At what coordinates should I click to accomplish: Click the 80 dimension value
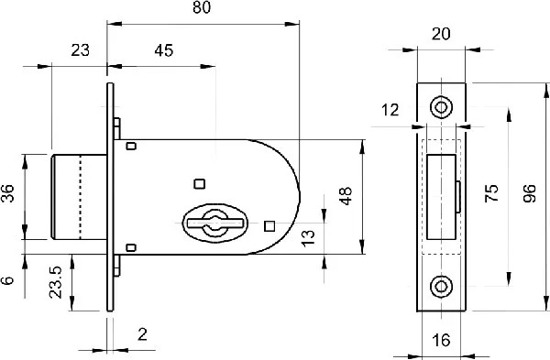tap(202, 7)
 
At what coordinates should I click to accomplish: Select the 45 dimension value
tap(163, 50)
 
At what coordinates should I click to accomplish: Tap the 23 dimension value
tap(81, 50)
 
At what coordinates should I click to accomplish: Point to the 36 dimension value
tap(7, 193)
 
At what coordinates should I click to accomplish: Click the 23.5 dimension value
tap(55, 282)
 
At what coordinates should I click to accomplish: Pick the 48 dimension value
tap(346, 196)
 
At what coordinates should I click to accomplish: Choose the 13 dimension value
tap(308, 239)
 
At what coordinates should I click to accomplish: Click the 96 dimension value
tap(530, 193)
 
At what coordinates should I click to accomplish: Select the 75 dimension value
tap(491, 193)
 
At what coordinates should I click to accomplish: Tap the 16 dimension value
tap(441, 340)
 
